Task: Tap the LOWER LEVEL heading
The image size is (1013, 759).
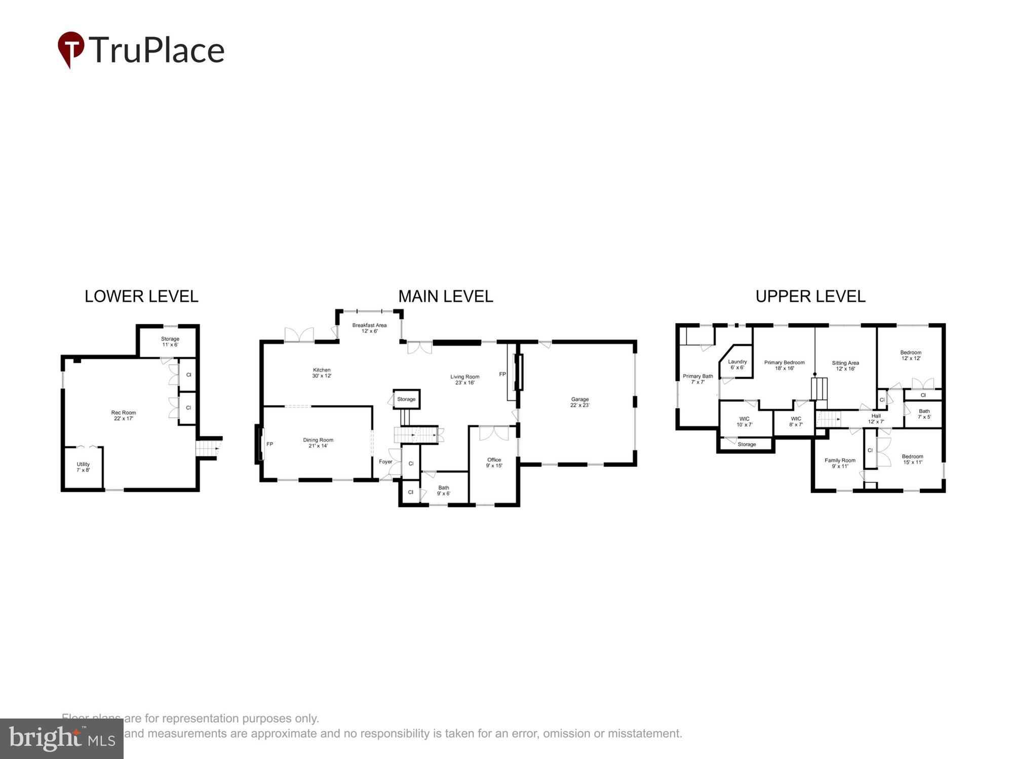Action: [x=141, y=297]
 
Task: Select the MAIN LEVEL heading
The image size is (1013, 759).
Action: [x=445, y=297]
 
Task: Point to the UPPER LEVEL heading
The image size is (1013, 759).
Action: [x=810, y=297]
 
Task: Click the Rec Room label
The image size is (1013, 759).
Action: [x=124, y=415]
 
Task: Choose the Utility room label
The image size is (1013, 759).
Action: [x=83, y=467]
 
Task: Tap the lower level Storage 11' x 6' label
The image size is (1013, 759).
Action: [x=170, y=342]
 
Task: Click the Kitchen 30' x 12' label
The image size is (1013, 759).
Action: [x=322, y=373]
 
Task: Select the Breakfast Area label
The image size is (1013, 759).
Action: [x=369, y=328]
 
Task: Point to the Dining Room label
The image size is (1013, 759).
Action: [x=318, y=443]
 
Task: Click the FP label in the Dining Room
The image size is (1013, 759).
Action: [x=269, y=444]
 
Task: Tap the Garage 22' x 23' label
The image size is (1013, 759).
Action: [x=580, y=402]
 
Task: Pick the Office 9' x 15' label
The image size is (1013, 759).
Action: [x=494, y=462]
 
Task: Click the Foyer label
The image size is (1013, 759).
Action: [x=385, y=461]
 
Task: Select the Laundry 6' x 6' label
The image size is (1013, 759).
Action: [x=737, y=364]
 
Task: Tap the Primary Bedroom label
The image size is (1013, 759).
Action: [x=784, y=365]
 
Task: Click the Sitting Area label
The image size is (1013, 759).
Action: [x=845, y=365]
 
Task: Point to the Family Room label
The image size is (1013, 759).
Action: [x=840, y=463]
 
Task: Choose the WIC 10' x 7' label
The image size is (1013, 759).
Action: [x=744, y=421]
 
